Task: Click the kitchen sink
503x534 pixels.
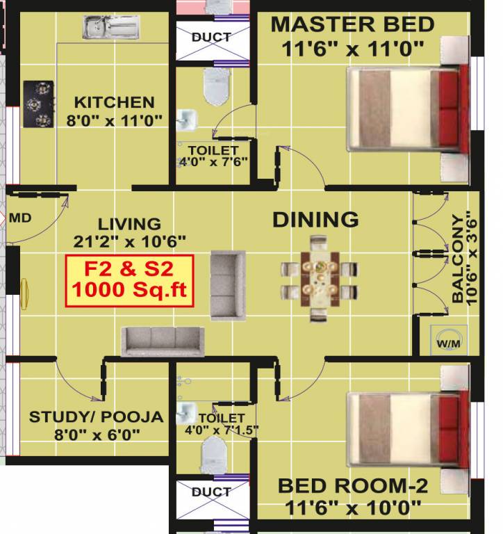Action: tap(111, 29)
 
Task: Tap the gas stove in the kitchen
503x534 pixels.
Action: tap(40, 105)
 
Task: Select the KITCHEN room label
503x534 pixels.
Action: tap(115, 102)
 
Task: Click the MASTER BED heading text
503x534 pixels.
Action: tap(352, 24)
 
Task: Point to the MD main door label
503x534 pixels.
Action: tap(20, 218)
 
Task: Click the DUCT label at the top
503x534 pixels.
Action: tap(211, 37)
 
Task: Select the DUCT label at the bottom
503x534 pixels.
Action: tap(211, 492)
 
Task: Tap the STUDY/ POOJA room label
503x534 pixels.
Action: tap(96, 417)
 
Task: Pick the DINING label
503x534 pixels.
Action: tap(315, 220)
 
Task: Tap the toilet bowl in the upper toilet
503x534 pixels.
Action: tap(211, 86)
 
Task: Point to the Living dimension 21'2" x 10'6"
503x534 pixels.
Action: tap(129, 241)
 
